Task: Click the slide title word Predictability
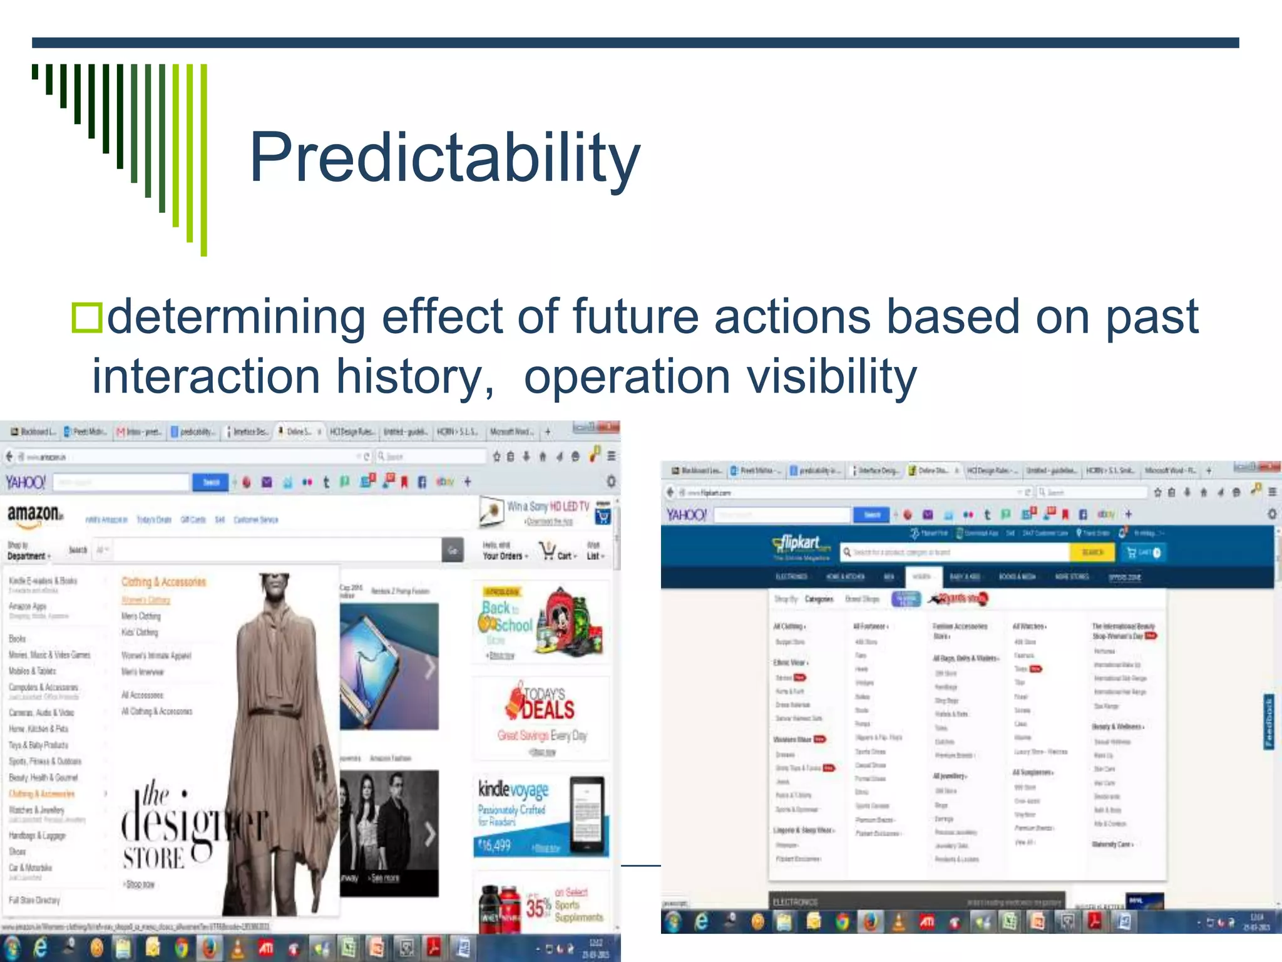pyautogui.click(x=444, y=158)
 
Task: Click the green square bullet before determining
pyautogui.click(x=86, y=318)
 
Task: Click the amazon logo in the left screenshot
pyautogui.click(x=35, y=514)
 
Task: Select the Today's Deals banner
pyautogui.click(x=542, y=717)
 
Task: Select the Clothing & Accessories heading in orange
pyautogui.click(x=163, y=582)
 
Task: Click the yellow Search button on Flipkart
pyautogui.click(x=1092, y=552)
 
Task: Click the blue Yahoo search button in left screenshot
pyautogui.click(x=210, y=482)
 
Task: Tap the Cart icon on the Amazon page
pyautogui.click(x=550, y=552)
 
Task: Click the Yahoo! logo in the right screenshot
pyautogui.click(x=686, y=515)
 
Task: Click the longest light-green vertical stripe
pyautogui.click(x=203, y=160)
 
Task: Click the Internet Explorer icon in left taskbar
pyautogui.click(x=40, y=948)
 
